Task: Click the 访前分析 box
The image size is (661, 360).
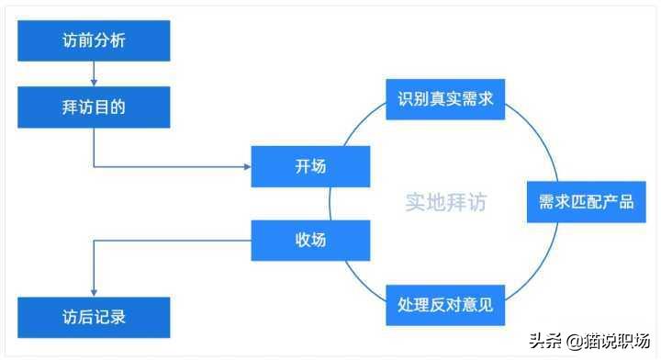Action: pyautogui.click(x=95, y=41)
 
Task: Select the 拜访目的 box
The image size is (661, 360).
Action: pyautogui.click(x=95, y=107)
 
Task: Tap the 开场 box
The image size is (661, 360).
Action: pyautogui.click(x=310, y=166)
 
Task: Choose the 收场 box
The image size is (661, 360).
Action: pyautogui.click(x=310, y=241)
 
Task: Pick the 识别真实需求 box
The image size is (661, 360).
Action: pyautogui.click(x=446, y=97)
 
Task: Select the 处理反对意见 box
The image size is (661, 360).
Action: pyautogui.click(x=446, y=305)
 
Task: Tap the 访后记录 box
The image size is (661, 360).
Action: pyautogui.click(x=95, y=317)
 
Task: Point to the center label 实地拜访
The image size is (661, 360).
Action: pyautogui.click(x=446, y=202)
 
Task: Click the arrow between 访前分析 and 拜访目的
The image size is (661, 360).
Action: pyautogui.click(x=95, y=75)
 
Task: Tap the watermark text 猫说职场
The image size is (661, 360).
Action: pyautogui.click(x=620, y=341)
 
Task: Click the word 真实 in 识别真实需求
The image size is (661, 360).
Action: pyautogui.click(x=446, y=97)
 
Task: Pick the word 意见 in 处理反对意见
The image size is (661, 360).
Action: pyautogui.click(x=476, y=305)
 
